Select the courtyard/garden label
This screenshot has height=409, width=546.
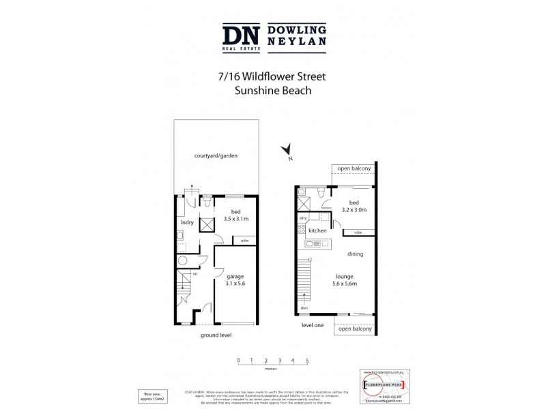(x=216, y=156)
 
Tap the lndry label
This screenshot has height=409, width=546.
(x=187, y=222)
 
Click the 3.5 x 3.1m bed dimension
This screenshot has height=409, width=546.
(x=235, y=219)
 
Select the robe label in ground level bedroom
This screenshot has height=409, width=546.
(x=244, y=240)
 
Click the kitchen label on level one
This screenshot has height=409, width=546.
(x=317, y=231)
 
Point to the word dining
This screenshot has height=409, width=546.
(x=355, y=254)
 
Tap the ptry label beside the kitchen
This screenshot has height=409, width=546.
(x=302, y=218)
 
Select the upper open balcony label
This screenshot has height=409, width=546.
(x=354, y=168)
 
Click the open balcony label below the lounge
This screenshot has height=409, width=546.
(x=354, y=329)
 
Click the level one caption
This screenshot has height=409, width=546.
(x=313, y=325)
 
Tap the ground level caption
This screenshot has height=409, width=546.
(x=216, y=336)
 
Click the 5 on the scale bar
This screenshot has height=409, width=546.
(x=307, y=359)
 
